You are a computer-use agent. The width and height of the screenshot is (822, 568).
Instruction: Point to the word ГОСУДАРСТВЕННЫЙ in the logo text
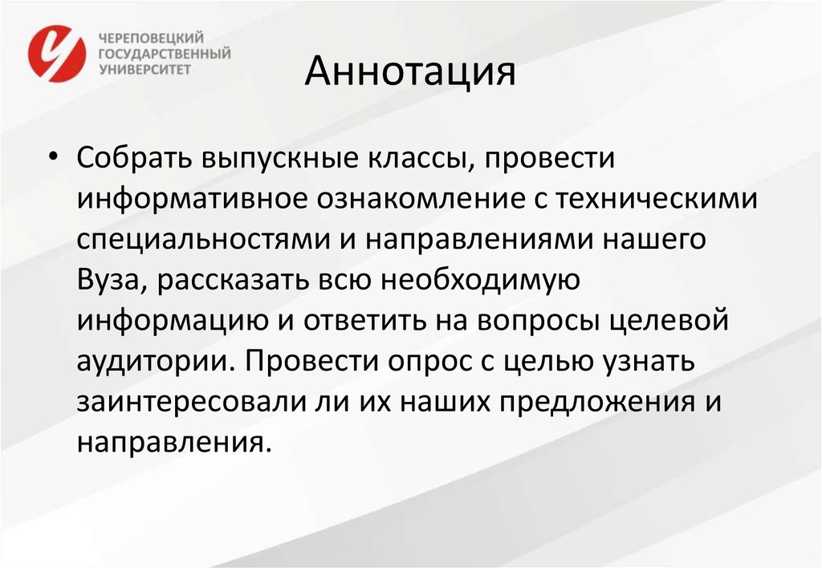click(165, 54)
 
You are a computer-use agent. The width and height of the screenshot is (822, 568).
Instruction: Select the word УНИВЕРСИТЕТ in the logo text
click(144, 69)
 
